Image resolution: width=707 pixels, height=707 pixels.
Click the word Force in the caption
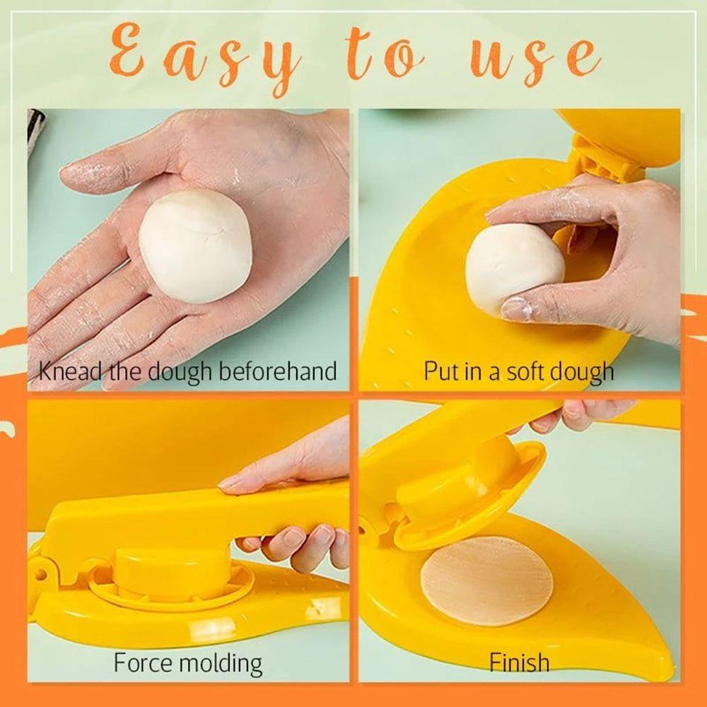[144, 663]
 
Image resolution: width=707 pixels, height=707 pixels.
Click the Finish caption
[519, 662]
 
